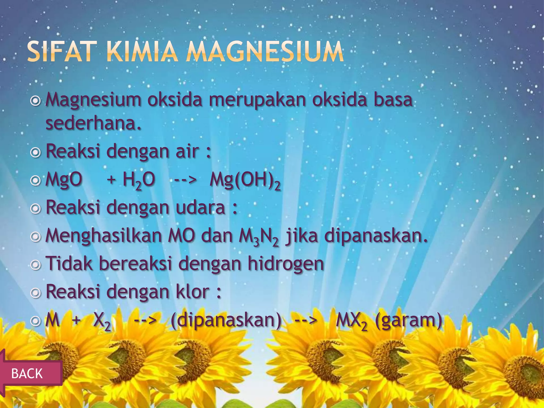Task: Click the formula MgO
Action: [x=64, y=179]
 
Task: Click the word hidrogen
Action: [x=286, y=264]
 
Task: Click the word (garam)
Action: [x=409, y=321]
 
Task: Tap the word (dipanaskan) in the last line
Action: [x=226, y=321]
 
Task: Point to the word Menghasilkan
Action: [x=104, y=236]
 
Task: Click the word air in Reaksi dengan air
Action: [x=187, y=151]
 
